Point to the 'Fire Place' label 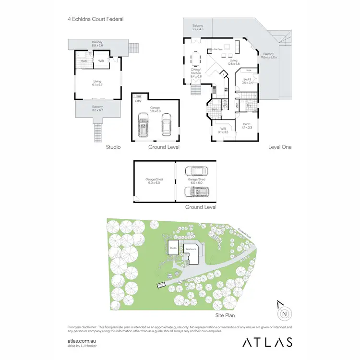[216, 49]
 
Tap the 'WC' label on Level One [224, 106]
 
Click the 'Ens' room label [249, 105]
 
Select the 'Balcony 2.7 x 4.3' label [198, 27]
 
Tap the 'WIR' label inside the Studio [101, 61]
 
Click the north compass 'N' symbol [285, 314]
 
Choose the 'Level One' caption [280, 147]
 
